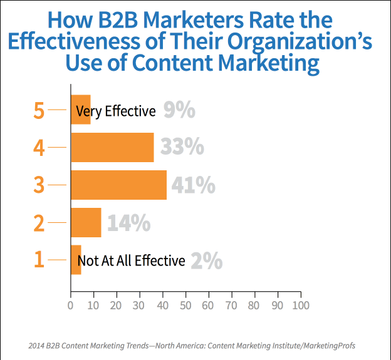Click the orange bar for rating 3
pos(118,185)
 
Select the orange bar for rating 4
pos(112,147)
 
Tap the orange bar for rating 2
pos(86,222)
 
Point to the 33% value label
pos(182,147)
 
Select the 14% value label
pos(128,223)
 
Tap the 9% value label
pos(179,111)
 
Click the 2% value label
pos(206,260)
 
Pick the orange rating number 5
pos(39,110)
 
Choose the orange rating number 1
pos(39,260)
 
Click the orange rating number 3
pos(39,185)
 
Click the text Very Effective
pos(115,111)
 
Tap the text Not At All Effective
pos(131,260)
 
